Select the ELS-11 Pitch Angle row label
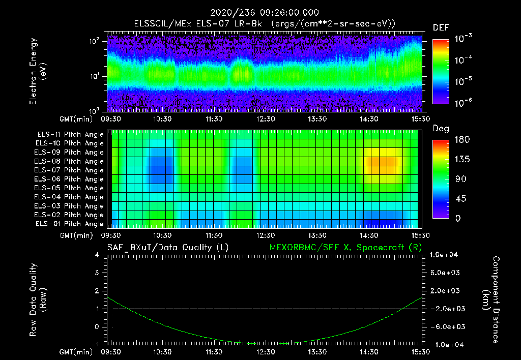coord(70,135)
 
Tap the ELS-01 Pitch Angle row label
coord(70,224)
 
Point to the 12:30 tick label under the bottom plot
coord(265,351)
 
